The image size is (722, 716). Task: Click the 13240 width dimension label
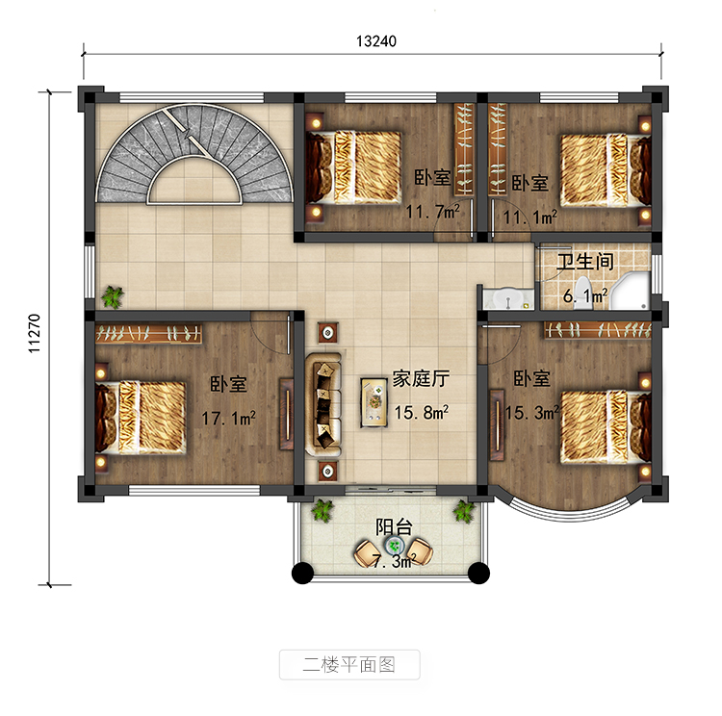375,41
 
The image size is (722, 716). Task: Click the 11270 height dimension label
35,333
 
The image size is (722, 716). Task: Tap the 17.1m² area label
228,418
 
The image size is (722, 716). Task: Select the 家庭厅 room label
421,379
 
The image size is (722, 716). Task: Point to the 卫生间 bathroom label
585,262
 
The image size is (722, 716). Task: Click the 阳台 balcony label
394,526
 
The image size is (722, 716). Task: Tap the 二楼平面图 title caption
349,664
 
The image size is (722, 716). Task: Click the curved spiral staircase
194,153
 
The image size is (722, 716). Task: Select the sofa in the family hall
323,405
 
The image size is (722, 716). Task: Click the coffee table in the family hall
374,402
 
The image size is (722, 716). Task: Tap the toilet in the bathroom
583,292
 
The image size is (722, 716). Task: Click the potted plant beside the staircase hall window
113,296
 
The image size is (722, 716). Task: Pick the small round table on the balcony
394,546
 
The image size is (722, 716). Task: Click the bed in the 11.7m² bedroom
353,167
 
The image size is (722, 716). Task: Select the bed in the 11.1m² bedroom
606,170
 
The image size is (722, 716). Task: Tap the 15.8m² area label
421,412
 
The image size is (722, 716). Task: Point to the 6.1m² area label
584,295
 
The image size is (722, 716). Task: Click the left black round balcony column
302,574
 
